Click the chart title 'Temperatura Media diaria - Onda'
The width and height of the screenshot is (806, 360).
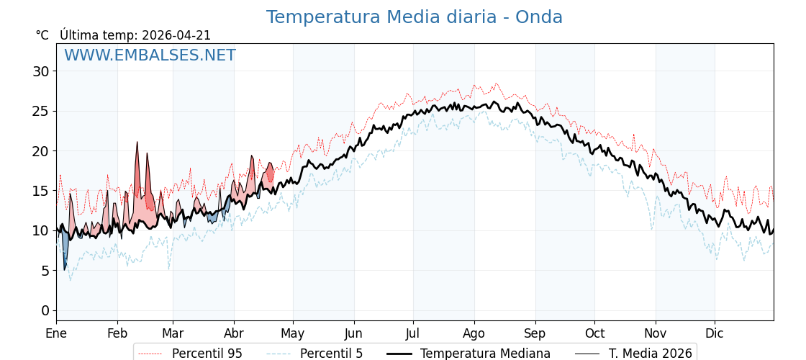click(x=414, y=17)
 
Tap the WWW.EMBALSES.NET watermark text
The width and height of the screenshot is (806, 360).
click(x=150, y=55)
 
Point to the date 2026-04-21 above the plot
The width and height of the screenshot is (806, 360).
click(x=176, y=35)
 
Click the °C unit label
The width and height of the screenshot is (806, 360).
click(x=42, y=35)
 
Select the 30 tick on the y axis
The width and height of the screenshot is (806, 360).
click(x=40, y=71)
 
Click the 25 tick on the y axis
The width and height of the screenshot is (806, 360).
click(x=40, y=111)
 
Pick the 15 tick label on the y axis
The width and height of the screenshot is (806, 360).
click(x=40, y=191)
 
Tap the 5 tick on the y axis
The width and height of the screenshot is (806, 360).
click(x=45, y=271)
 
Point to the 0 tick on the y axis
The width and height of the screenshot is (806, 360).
click(x=45, y=310)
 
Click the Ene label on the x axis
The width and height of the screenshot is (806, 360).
click(x=56, y=333)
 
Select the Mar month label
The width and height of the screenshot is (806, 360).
click(x=173, y=333)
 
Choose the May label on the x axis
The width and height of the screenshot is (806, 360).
click(x=293, y=333)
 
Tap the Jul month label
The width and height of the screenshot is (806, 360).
click(x=413, y=333)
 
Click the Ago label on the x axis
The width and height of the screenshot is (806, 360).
click(x=474, y=333)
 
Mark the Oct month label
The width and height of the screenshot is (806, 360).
click(x=594, y=333)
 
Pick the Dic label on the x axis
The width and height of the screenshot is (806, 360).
click(x=715, y=333)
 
